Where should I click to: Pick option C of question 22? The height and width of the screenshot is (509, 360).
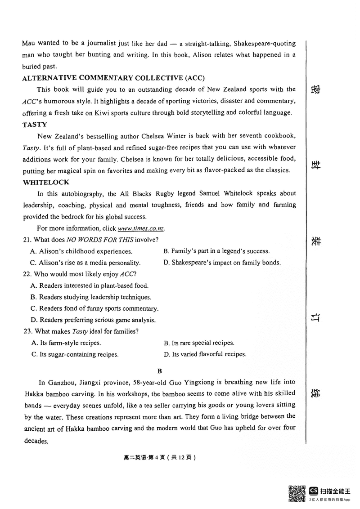click(x=94, y=308)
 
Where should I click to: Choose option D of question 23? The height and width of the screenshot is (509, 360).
click(x=205, y=354)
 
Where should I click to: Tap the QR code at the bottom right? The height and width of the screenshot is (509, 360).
click(x=297, y=493)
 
